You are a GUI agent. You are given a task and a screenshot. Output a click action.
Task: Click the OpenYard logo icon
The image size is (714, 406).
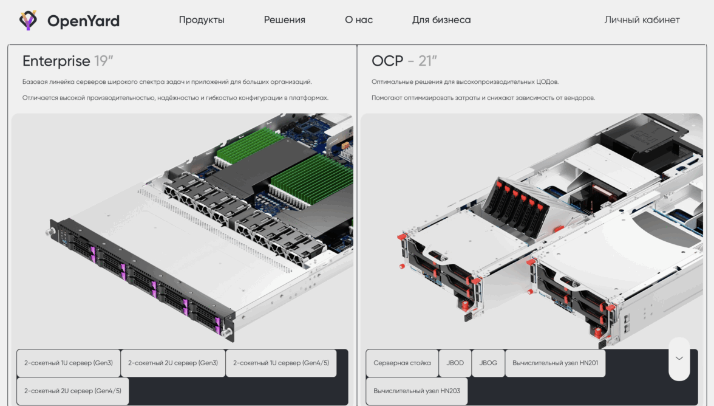[x=28, y=21]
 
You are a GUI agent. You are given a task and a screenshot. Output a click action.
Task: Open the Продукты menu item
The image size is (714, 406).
[x=202, y=20]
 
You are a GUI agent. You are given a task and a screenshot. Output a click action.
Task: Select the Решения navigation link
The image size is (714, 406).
[x=284, y=20]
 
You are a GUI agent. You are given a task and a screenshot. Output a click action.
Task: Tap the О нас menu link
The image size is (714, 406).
[x=359, y=20]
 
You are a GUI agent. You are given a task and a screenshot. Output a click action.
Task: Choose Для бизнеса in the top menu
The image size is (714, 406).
[x=441, y=20]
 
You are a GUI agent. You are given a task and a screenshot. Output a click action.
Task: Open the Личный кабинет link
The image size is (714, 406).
[x=642, y=20]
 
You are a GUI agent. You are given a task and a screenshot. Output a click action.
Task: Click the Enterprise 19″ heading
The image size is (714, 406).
[x=68, y=61]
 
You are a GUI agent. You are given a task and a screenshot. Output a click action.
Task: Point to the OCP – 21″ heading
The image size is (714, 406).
[x=404, y=61]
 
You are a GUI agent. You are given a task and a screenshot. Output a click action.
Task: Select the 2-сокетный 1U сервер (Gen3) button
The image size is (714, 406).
[x=69, y=363]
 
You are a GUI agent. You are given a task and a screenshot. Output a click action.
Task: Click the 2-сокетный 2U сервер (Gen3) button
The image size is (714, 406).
[x=173, y=363]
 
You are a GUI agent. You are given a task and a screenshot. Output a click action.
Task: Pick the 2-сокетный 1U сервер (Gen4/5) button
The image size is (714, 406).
[x=281, y=363]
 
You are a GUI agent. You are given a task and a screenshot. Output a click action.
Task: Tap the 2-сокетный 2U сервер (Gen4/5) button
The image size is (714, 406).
[x=73, y=391]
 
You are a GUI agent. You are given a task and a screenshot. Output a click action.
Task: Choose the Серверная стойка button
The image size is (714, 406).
[x=402, y=363]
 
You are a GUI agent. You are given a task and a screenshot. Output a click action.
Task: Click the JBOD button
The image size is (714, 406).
[x=455, y=363]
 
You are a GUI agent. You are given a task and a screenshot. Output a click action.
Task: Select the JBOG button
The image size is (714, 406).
[x=488, y=363]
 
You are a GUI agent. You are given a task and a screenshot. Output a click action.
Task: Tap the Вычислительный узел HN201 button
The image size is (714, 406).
[x=555, y=363]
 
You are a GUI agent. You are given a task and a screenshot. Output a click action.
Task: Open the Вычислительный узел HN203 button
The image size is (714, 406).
[x=416, y=391]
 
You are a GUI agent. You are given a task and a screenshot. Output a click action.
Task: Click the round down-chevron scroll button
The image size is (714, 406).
[x=679, y=359]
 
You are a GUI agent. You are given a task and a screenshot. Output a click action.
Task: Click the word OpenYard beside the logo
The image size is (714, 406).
[x=83, y=21]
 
